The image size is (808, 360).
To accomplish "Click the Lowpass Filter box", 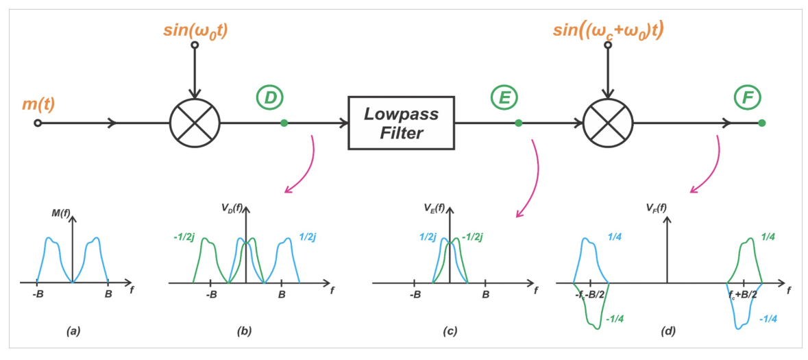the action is coord(402,123).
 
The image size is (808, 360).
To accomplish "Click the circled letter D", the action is coord(270,97).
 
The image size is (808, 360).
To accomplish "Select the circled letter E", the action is coord(505,97).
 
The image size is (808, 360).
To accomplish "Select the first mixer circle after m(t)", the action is coord(195,123).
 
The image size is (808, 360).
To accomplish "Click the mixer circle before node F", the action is coord(609,123).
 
